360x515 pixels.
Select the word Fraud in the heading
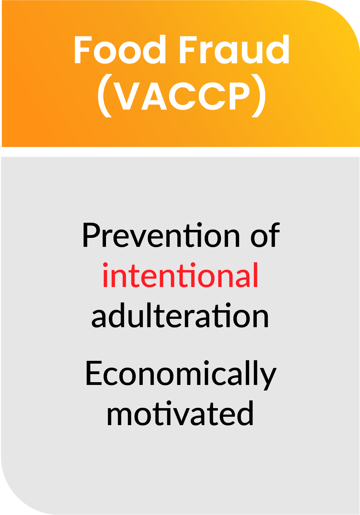234,50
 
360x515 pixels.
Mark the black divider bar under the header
180,152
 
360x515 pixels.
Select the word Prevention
161,236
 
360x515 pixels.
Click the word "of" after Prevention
265,236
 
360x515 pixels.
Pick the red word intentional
180,276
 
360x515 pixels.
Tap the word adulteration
180,316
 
